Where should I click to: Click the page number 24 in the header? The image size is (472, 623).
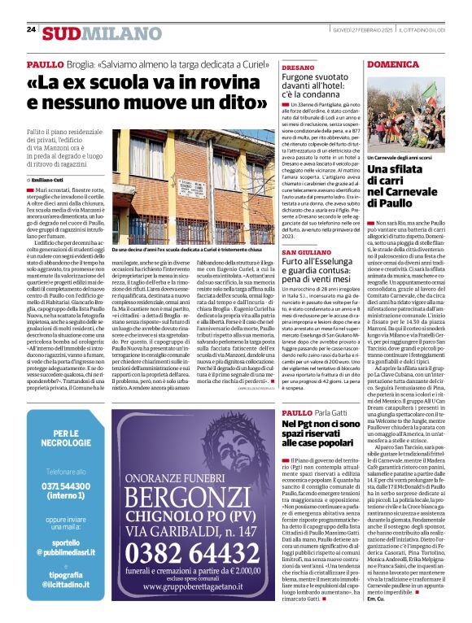point(32,28)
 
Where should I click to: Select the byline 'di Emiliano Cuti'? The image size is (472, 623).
point(50,179)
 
